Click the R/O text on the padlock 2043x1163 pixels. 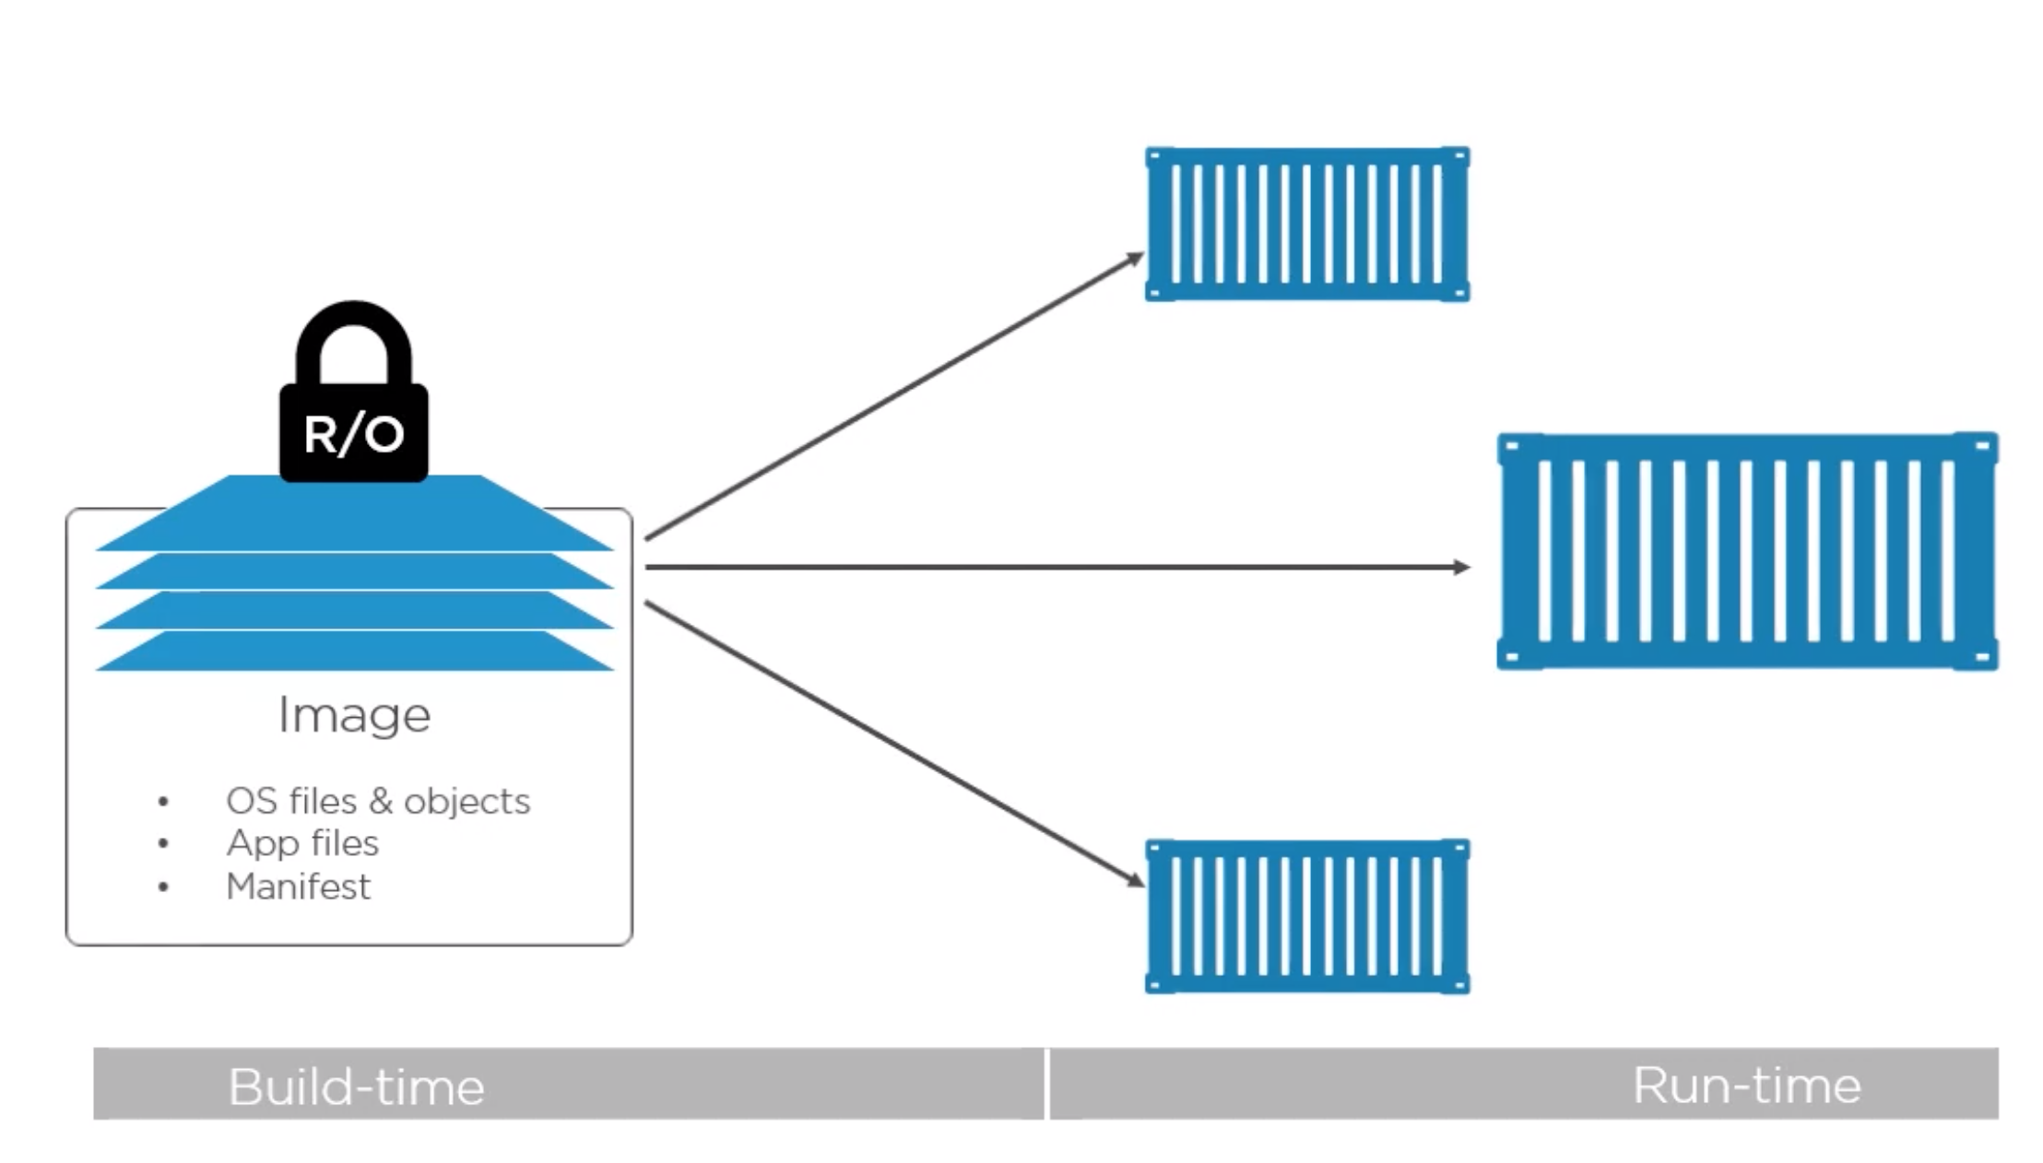tap(354, 434)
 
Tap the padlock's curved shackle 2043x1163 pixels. tap(354, 323)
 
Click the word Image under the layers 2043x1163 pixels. tap(354, 715)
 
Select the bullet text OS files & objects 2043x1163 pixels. tap(378, 801)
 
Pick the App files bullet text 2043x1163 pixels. tap(302, 843)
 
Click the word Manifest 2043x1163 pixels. tap(298, 887)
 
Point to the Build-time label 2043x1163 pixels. tap(356, 1087)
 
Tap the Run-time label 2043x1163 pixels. tap(1746, 1085)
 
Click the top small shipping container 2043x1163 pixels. tap(1306, 224)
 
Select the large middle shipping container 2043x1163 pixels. tap(1746, 551)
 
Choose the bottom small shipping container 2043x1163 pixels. tap(1306, 916)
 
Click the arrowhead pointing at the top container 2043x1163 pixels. tap(1136, 259)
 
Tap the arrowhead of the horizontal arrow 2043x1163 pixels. tap(1461, 567)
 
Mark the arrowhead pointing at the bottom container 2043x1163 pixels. tap(1136, 880)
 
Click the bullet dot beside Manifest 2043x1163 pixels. tap(163, 887)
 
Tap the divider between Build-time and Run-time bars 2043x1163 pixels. tap(1047, 1084)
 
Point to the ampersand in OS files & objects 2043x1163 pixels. tap(380, 802)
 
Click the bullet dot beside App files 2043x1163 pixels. tap(163, 843)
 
